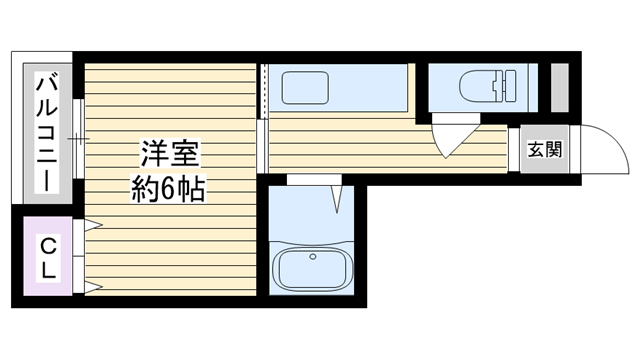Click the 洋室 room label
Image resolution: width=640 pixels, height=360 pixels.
click(x=170, y=153)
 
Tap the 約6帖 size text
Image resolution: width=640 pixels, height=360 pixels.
click(x=168, y=189)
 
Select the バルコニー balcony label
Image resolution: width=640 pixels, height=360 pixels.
click(x=47, y=132)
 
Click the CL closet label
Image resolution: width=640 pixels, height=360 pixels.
click(x=48, y=258)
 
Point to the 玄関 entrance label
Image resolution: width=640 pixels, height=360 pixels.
click(x=545, y=149)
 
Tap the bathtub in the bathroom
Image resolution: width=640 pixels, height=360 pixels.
click(x=313, y=266)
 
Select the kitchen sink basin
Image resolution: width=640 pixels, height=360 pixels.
click(x=305, y=87)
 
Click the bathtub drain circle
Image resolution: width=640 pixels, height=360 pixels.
click(x=313, y=257)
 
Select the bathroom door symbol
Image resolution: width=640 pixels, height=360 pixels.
click(x=337, y=199)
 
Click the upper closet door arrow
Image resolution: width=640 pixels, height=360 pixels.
click(x=93, y=224)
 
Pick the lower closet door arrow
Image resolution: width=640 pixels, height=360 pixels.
click(x=93, y=287)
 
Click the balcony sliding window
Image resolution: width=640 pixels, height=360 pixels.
click(x=78, y=139)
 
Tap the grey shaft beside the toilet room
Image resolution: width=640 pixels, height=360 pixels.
click(x=560, y=87)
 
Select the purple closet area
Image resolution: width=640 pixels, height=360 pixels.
click(x=48, y=256)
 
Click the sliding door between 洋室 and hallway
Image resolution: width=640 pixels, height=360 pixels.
click(x=262, y=146)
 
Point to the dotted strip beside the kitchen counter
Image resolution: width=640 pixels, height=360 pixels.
click(x=264, y=91)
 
